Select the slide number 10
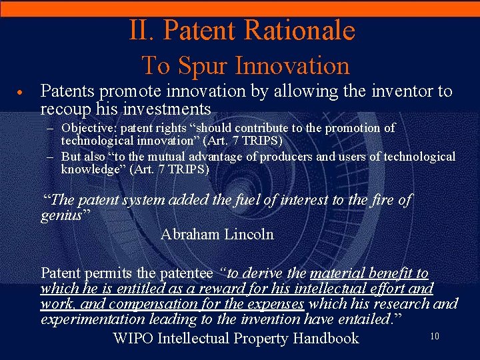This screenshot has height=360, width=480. point(434,336)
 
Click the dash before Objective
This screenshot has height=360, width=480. point(51,128)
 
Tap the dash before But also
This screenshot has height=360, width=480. point(51,157)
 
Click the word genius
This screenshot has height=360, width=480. point(63,216)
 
